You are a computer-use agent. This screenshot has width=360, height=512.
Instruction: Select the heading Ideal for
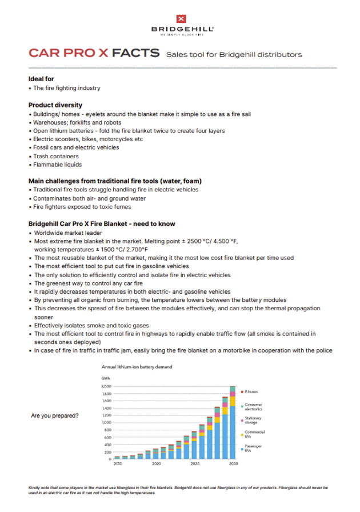pos(42,79)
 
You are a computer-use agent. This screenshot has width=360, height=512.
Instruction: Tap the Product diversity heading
pos(55,105)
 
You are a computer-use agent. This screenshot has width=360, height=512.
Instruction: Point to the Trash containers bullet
pos(55,156)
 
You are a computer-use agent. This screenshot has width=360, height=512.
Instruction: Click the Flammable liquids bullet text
pos(58,165)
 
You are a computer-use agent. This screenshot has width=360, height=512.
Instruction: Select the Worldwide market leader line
pos(68,233)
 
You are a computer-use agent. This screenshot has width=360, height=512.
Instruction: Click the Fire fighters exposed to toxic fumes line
pos(82,206)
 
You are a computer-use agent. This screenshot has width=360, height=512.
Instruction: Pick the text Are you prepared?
pos(55,415)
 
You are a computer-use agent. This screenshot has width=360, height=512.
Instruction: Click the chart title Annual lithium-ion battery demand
pos(137,366)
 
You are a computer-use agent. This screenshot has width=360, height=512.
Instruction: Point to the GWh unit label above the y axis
pos(105,378)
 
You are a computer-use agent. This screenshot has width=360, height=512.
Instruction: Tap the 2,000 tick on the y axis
pos(107,387)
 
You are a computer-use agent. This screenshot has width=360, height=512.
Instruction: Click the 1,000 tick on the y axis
pos(107,423)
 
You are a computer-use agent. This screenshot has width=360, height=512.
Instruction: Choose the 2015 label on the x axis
pos(117,465)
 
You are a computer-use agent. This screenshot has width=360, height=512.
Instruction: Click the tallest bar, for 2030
pos(233,423)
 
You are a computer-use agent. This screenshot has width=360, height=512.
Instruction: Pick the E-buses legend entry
pos(251,391)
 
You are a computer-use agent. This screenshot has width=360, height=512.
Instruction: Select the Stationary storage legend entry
pos(253,420)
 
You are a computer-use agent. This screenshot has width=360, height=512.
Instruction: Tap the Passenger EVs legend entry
pos(253,449)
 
